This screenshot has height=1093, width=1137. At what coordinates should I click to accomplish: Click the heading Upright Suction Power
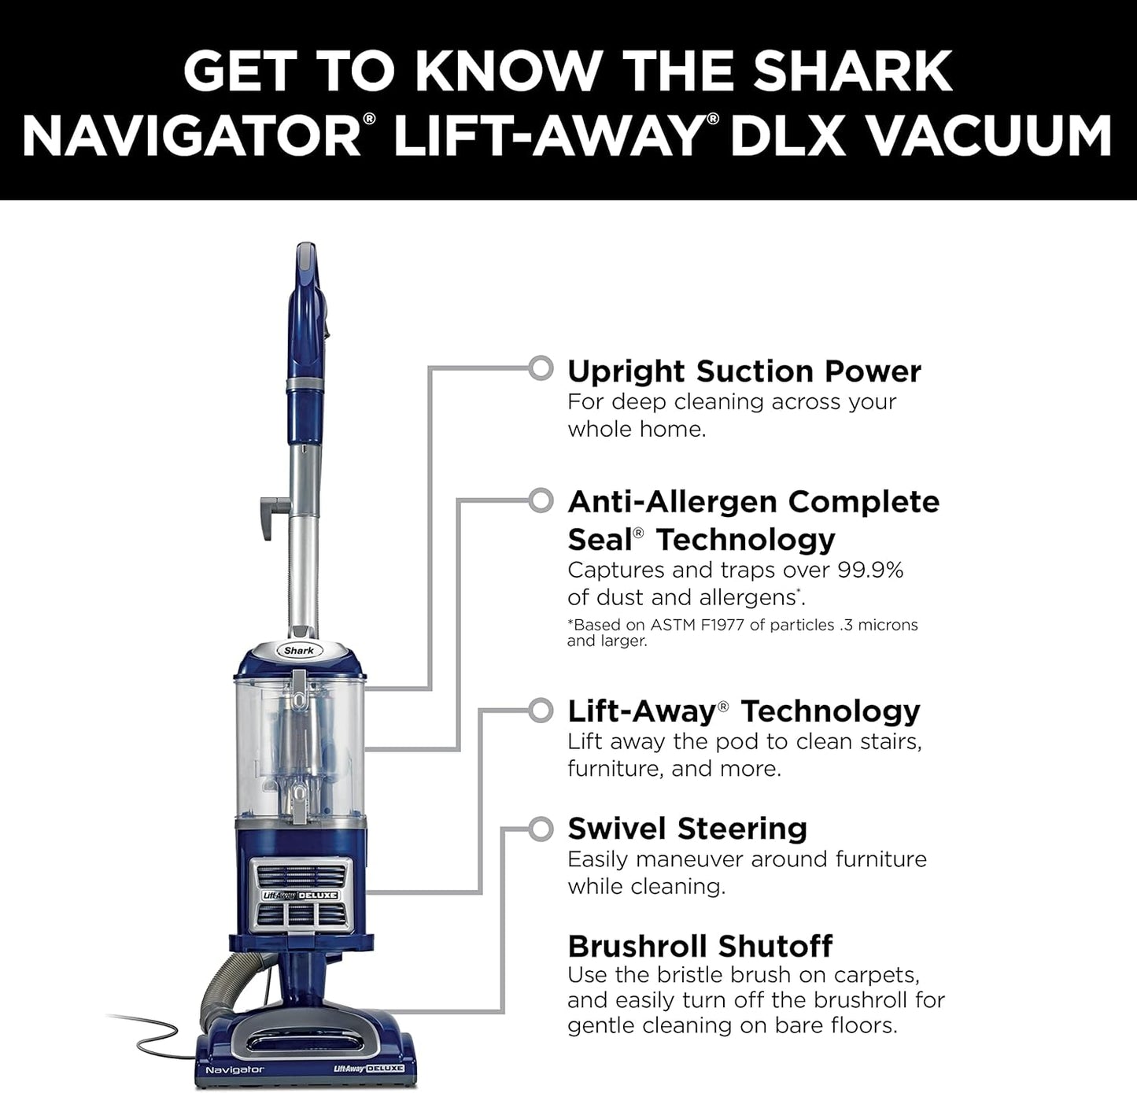[x=744, y=371]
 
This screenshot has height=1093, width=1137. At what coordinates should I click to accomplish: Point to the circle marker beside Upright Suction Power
[x=541, y=367]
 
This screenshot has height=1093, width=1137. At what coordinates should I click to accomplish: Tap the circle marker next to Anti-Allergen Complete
[x=541, y=500]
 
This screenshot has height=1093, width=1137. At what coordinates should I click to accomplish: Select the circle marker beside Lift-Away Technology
[x=541, y=710]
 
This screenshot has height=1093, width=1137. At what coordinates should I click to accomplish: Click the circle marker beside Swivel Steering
[x=541, y=829]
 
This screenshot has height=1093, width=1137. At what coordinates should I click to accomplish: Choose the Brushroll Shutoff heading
[x=700, y=945]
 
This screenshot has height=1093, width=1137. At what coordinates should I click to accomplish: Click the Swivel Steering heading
[x=687, y=829]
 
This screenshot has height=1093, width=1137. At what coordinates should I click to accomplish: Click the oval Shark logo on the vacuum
[x=299, y=650]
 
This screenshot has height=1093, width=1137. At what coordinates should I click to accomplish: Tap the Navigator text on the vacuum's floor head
[x=234, y=1069]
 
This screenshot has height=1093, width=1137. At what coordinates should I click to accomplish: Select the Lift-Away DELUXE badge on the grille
[x=300, y=895]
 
